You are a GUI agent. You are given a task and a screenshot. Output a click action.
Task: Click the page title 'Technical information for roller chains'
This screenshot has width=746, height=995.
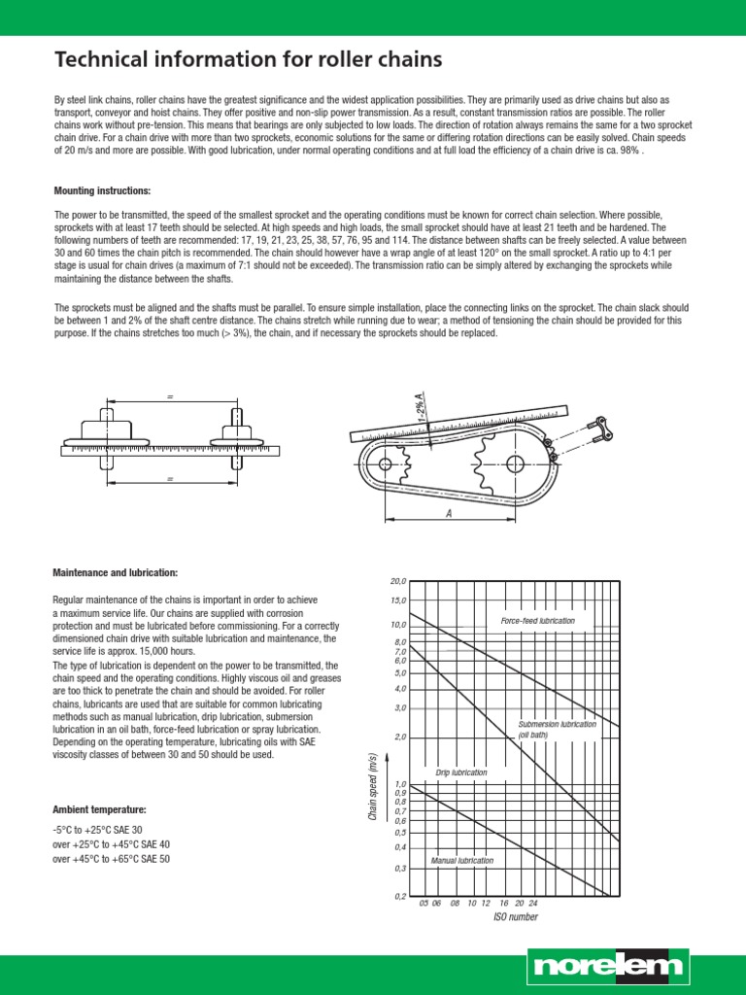(248, 60)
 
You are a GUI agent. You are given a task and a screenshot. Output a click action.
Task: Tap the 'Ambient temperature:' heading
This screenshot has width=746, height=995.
(100, 808)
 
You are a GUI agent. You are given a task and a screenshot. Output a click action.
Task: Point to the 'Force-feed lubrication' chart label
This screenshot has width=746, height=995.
(537, 620)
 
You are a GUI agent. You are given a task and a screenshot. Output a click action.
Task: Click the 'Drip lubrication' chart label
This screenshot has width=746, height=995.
(461, 772)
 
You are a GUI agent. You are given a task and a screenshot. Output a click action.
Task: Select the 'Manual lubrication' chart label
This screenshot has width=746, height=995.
(461, 861)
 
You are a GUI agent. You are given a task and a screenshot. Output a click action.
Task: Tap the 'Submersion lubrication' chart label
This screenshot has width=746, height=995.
(557, 724)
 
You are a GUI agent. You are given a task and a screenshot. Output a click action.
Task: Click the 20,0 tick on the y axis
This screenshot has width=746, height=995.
(398, 581)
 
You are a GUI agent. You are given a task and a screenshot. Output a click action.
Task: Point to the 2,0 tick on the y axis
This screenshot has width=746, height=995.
(399, 737)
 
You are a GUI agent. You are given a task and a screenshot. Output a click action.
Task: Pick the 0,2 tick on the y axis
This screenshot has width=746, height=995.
(399, 896)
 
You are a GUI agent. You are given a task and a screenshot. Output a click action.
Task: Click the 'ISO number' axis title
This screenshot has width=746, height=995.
(515, 916)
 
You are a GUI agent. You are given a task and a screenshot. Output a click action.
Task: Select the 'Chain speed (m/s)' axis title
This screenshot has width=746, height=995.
(372, 787)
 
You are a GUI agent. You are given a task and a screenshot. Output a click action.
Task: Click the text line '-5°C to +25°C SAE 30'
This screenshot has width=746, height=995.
(97, 831)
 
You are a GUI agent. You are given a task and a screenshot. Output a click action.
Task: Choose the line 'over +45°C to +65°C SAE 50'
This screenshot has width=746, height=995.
(111, 859)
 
